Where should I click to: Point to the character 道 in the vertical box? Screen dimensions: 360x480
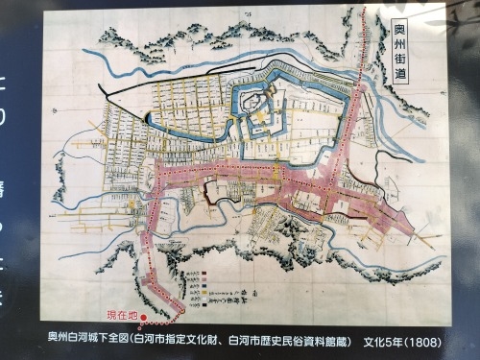pyautogui.click(x=400, y=78)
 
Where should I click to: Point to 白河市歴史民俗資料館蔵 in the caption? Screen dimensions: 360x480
pyautogui.click(x=287, y=339)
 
